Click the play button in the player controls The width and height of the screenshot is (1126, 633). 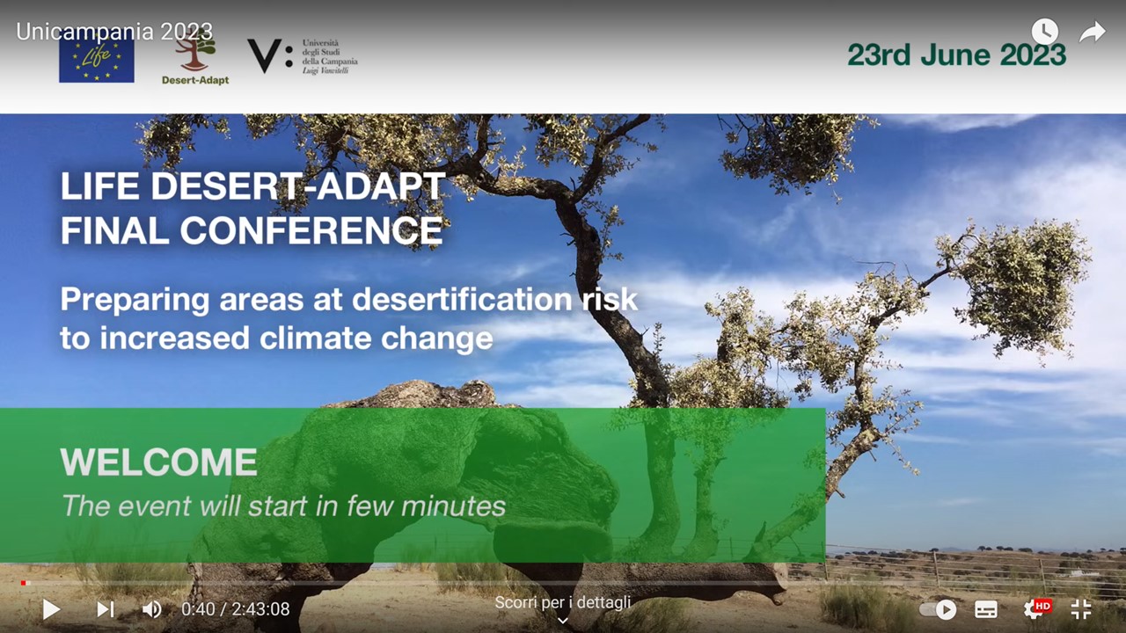click(x=51, y=609)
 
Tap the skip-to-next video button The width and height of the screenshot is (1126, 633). click(x=105, y=609)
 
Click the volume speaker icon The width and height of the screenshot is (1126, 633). click(x=152, y=609)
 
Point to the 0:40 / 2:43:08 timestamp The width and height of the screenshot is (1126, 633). click(x=235, y=609)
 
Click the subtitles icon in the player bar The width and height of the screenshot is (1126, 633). click(x=986, y=609)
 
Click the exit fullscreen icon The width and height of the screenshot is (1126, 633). click(x=1081, y=609)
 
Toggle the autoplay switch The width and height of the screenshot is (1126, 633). click(x=938, y=609)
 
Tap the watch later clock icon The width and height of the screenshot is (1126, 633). click(x=1044, y=31)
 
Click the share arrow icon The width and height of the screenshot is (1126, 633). click(x=1093, y=32)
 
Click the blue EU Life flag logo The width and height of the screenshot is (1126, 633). click(x=97, y=59)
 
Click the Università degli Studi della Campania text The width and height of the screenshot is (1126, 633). click(x=330, y=57)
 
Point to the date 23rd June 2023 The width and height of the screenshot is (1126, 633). click(x=956, y=55)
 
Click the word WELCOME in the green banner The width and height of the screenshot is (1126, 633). click(x=159, y=462)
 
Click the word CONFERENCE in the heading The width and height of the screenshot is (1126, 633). click(x=311, y=230)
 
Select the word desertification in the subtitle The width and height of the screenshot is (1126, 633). click(x=462, y=300)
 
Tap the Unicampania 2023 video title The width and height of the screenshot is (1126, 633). click(x=114, y=32)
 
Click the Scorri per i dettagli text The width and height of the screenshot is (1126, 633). click(x=562, y=602)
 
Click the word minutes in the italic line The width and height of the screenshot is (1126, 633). click(x=453, y=506)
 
